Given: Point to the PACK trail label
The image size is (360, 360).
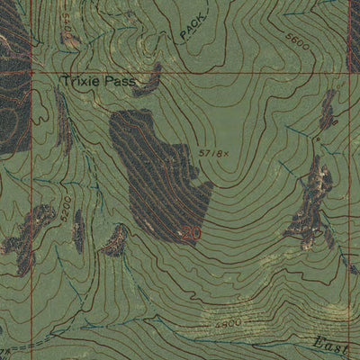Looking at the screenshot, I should (x=191, y=29).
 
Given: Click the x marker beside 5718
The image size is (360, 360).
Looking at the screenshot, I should (x=214, y=156).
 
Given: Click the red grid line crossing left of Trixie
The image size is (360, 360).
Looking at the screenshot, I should (x=32, y=72).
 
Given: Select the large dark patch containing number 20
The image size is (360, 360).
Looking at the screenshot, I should (x=157, y=175).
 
